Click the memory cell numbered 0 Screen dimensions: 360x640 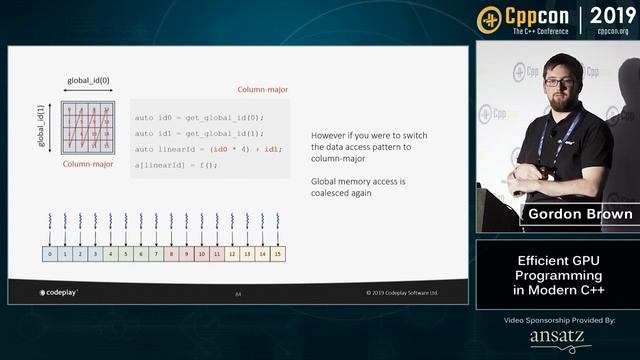coord(50,254)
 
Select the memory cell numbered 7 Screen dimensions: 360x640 coord(156,254)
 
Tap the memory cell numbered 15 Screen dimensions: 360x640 coord(278,254)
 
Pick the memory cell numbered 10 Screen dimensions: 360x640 coord(202,254)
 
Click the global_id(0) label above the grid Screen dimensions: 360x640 coord(89,79)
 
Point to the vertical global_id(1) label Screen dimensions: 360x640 coord(42,125)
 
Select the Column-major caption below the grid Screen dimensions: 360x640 coord(87,163)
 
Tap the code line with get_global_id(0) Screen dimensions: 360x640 coord(201,117)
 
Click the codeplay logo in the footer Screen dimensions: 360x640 coord(59,293)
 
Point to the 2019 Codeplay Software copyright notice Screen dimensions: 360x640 coord(409,293)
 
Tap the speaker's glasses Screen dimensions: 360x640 coord(557,80)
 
